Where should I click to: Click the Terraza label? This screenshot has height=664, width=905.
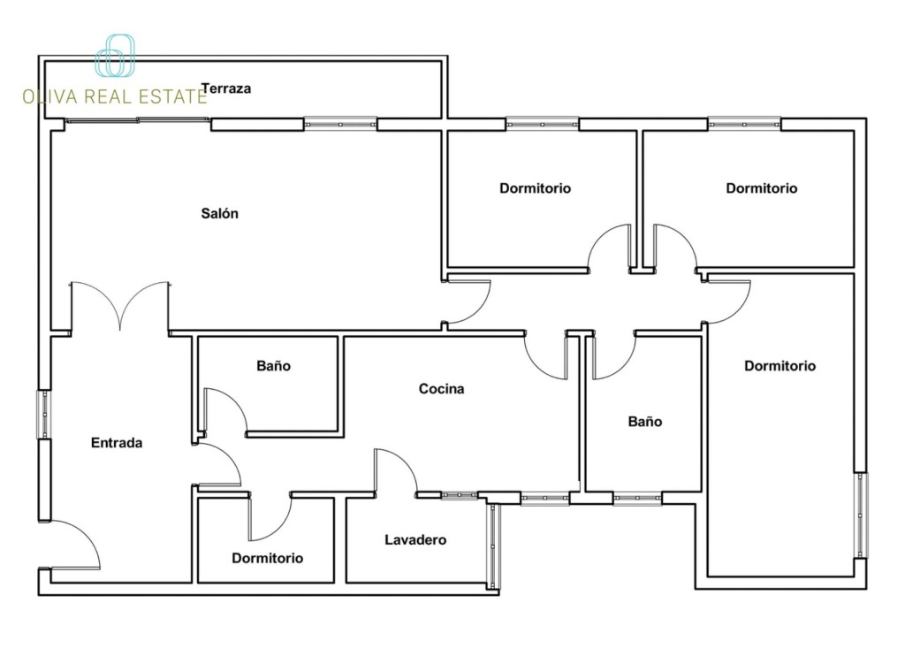226,89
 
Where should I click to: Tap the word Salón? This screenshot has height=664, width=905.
219,214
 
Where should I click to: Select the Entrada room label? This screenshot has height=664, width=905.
117,443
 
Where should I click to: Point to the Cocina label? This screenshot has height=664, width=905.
442,388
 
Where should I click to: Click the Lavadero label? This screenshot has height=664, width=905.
415,540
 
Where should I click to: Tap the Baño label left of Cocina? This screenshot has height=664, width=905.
274,365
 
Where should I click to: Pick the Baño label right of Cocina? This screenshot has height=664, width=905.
644,422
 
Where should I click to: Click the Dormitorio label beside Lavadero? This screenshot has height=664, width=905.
267,558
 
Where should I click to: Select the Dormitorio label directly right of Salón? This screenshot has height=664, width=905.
535,188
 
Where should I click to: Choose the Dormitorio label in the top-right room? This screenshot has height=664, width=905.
761,188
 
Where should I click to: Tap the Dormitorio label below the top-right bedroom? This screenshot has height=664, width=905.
780,365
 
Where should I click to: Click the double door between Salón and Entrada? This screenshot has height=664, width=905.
120,306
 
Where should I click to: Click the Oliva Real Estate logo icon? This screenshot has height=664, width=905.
115,56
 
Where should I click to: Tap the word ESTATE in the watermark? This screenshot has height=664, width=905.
173,96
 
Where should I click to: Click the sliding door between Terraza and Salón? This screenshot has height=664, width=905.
137,120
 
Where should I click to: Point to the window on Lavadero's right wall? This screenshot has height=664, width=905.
493,546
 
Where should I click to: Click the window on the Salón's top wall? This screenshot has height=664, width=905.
340,124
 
